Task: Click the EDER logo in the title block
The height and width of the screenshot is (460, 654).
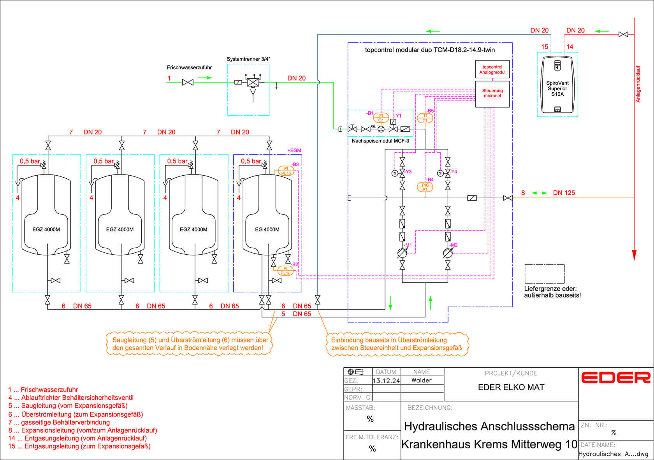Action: pos(615,377)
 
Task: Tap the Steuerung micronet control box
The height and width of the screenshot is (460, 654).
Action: pos(492,93)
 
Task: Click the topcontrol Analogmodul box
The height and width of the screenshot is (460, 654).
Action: pos(492,70)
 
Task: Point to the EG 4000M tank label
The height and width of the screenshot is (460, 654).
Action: pos(267,229)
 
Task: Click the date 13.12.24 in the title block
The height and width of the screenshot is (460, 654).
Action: pos(386,381)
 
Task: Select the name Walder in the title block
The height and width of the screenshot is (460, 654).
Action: pos(422,380)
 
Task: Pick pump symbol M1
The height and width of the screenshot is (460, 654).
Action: pos(402,253)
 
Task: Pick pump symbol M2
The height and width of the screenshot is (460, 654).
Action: pos(448,253)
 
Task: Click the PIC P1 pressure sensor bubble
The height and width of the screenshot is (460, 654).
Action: pos(425,187)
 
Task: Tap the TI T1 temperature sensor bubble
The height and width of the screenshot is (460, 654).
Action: pos(425,118)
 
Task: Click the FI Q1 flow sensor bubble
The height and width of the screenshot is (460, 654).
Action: pos(381,118)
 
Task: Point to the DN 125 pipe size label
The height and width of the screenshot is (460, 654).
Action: pos(564,193)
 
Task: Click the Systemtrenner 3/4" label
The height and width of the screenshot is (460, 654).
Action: pos(248,59)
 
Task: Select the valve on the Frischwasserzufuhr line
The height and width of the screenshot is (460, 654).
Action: pos(188,82)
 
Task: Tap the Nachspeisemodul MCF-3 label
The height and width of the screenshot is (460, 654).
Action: pos(380,141)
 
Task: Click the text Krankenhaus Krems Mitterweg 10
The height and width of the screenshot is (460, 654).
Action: pos(489,444)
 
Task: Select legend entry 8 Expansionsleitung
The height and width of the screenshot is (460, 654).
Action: pos(83,430)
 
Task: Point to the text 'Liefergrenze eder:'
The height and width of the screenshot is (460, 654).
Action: pos(550,289)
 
